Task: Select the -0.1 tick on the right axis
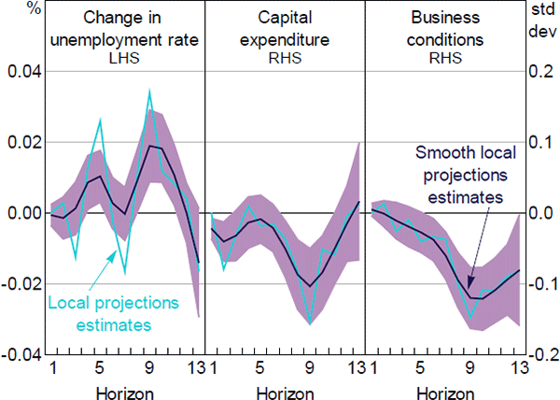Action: (538, 284)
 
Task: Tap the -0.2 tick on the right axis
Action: (538, 355)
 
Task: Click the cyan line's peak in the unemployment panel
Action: (149, 91)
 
